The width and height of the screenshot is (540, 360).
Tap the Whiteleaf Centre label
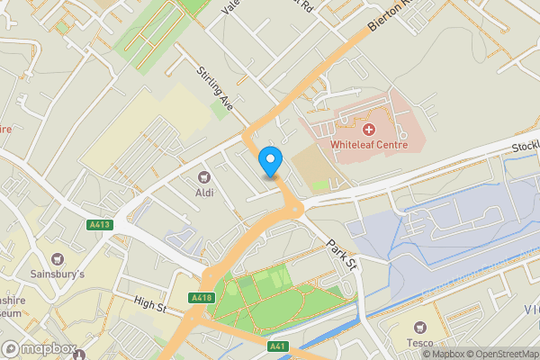point(369,144)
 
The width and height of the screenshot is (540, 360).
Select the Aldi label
point(204,192)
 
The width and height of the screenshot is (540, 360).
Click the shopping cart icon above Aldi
point(204,177)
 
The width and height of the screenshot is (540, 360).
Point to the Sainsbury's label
point(56,274)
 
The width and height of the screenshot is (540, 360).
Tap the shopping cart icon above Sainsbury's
point(57,259)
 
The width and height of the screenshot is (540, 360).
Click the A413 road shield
point(99,224)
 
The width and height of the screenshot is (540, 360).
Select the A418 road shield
point(202,298)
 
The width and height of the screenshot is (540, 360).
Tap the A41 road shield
point(279,346)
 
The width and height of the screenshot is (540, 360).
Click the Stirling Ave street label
point(216,87)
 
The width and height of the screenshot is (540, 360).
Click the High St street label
point(150,308)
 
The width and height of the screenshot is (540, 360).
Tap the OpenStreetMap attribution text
point(500,353)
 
